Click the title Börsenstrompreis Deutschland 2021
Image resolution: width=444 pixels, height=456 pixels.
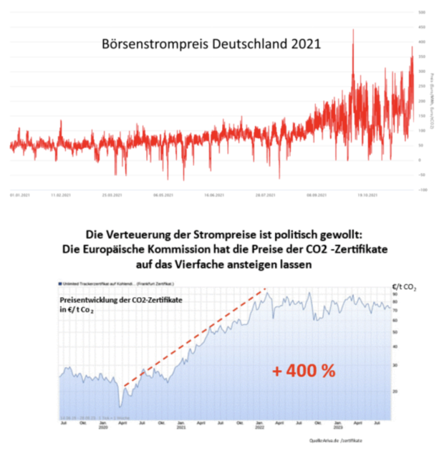pos(212,44)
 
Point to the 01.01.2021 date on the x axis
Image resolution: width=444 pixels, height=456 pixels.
pos(19,194)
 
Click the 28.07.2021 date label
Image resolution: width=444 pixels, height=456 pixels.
pos(266,194)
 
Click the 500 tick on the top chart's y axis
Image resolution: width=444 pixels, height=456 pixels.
pos(423,12)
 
